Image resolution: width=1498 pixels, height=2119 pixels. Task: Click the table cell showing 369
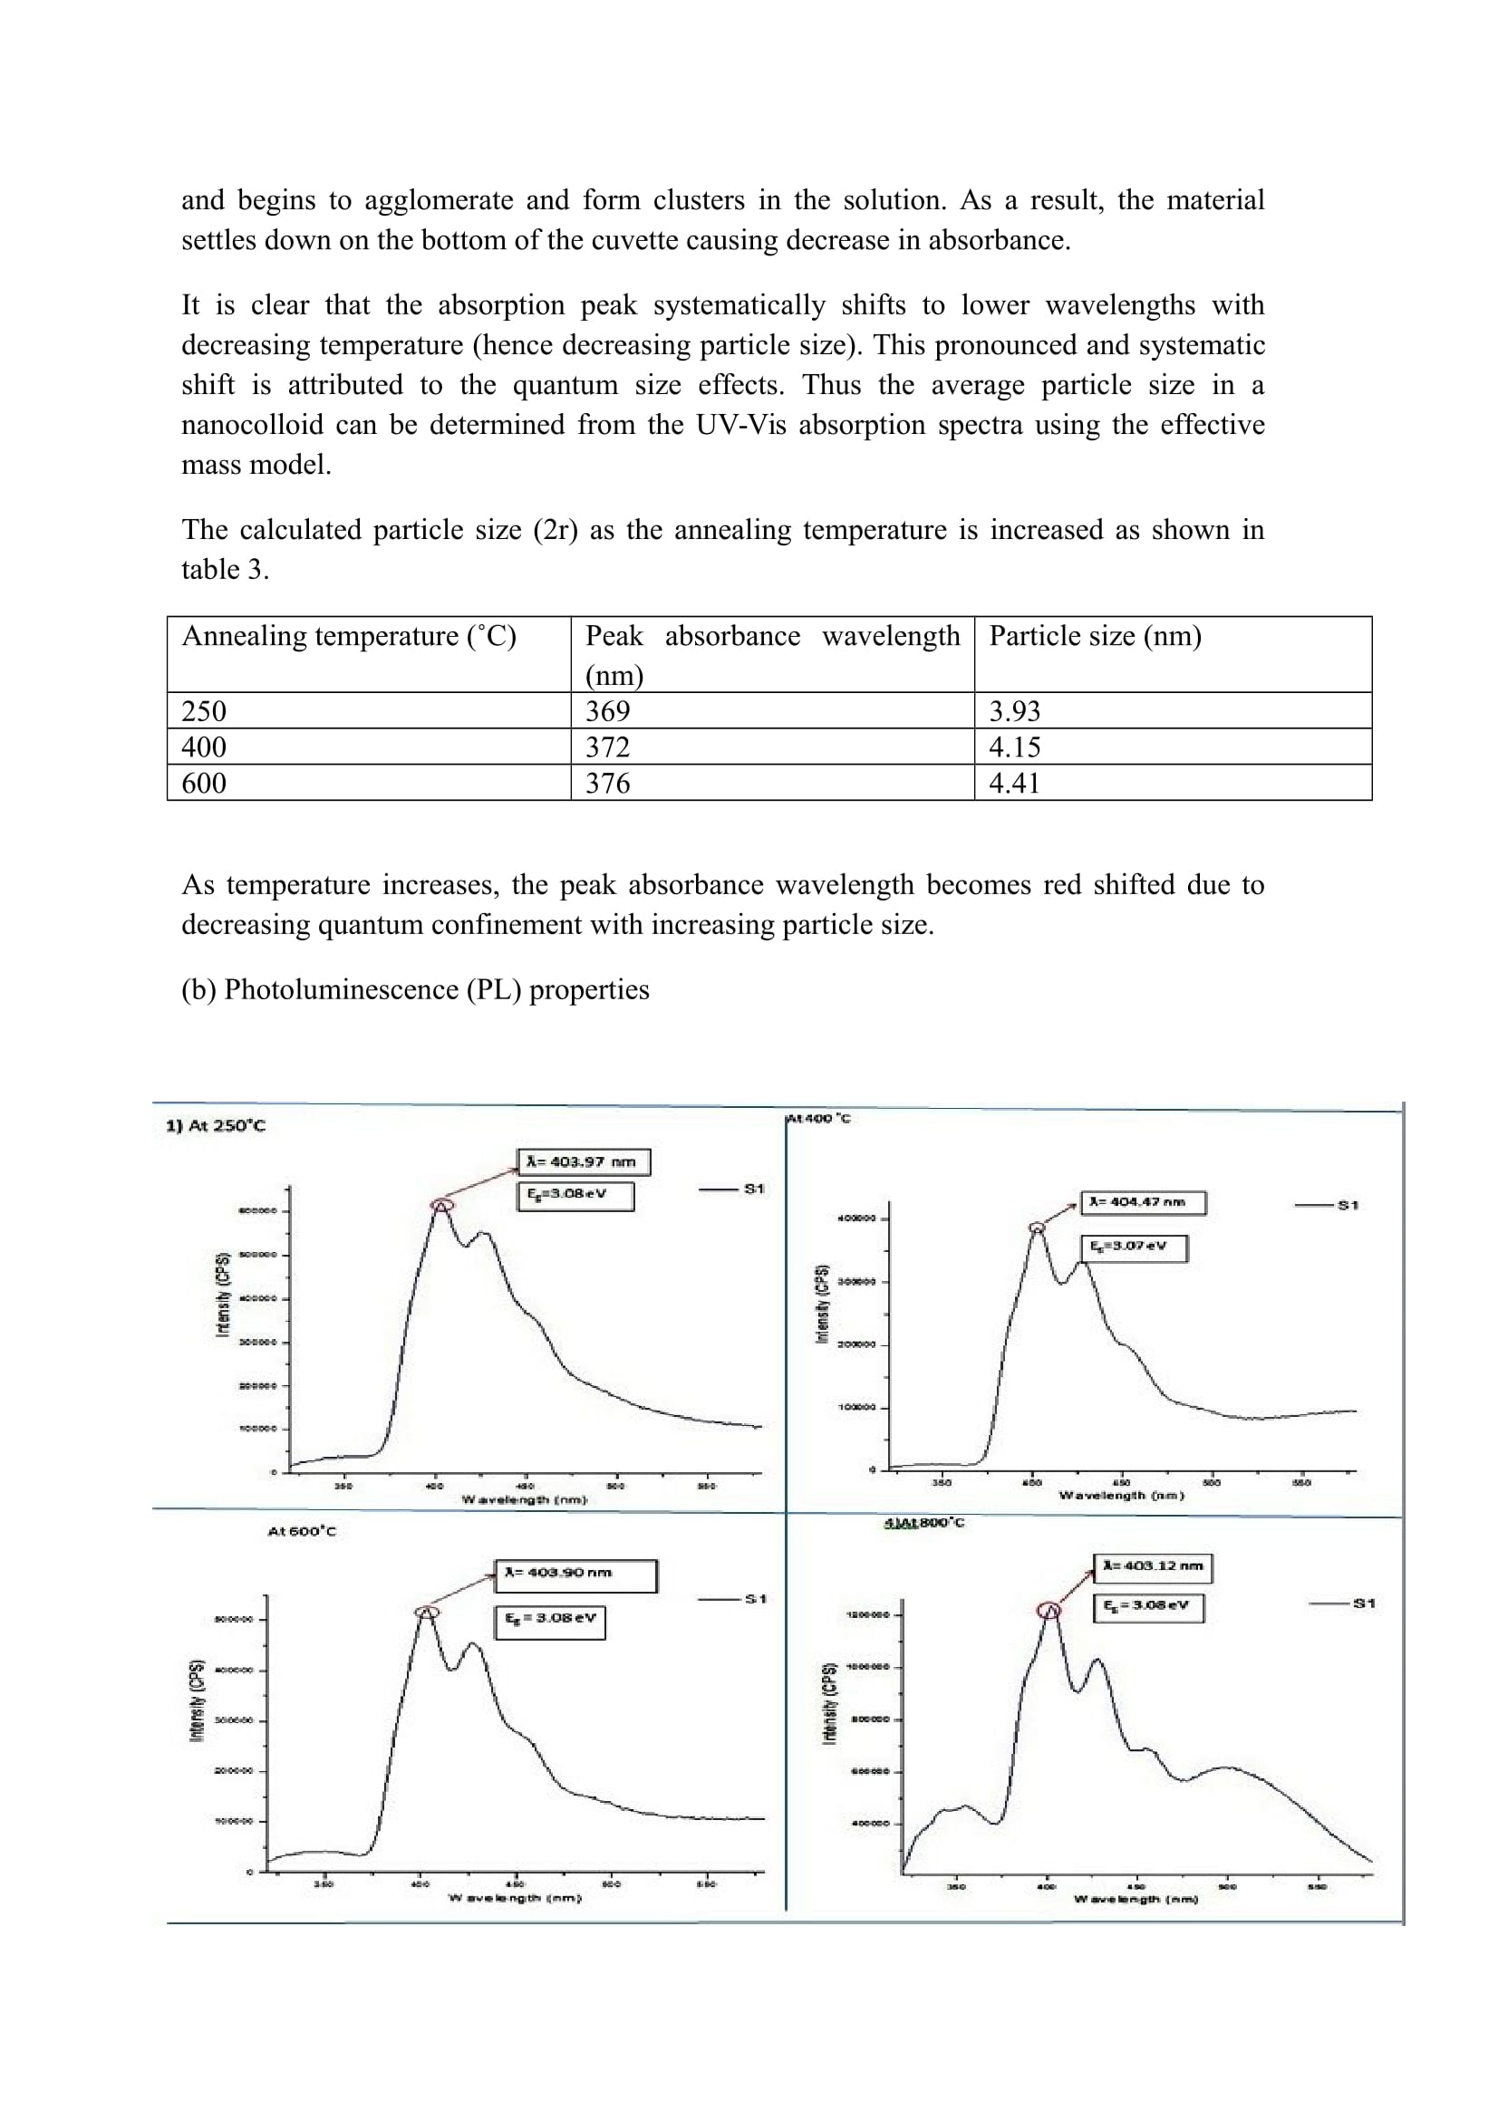607,710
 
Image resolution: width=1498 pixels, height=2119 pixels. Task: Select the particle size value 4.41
1014,783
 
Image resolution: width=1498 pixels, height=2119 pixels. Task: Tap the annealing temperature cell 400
204,746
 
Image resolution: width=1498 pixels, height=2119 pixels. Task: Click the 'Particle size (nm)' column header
1095,636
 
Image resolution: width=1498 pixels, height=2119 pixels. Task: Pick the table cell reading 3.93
1014,710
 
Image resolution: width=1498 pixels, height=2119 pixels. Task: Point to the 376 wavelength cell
607,783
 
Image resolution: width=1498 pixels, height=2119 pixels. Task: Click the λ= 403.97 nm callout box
583,1162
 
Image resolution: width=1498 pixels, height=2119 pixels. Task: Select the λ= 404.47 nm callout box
1143,1202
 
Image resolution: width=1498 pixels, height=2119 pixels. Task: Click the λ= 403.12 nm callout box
1154,1566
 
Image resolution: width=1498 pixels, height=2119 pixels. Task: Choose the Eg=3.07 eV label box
1134,1247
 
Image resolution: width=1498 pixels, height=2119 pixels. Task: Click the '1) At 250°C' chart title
215,1126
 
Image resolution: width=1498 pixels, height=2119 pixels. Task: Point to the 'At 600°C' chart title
302,1531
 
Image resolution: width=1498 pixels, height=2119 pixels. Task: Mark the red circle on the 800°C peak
1049,1611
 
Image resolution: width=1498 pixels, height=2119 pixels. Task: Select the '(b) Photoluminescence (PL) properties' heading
414,989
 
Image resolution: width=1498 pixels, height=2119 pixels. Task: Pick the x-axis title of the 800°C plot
1136,1900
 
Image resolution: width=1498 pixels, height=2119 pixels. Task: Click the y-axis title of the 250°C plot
222,1295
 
